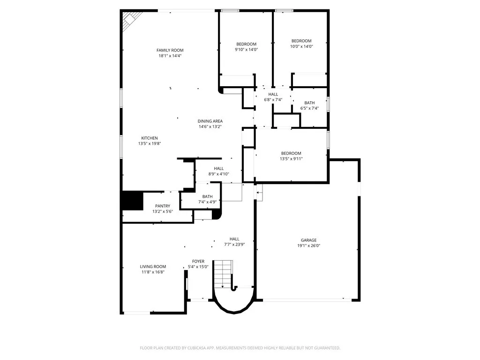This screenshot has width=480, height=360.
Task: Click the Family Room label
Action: point(170,50)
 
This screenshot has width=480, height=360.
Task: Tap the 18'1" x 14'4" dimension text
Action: point(170,56)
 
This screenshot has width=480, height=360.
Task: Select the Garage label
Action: point(308,240)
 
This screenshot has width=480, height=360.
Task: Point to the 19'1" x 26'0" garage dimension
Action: point(308,246)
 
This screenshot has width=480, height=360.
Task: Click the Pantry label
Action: point(163,206)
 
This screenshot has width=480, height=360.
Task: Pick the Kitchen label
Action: point(150,138)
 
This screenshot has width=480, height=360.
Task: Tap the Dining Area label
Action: point(210,121)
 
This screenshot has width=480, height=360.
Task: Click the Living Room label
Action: point(153,266)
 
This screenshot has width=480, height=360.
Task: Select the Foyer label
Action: point(198,261)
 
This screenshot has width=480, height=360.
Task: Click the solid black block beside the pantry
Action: point(132,201)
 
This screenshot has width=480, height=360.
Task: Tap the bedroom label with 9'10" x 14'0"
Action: point(246,44)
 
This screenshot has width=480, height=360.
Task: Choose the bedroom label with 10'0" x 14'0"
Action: point(301,41)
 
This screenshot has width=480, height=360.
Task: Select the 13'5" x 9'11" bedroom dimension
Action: point(291,159)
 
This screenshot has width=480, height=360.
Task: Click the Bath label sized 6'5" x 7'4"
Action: point(309,103)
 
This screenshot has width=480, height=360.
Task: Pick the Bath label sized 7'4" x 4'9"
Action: point(207,196)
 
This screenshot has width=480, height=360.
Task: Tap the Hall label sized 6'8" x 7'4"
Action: point(273,94)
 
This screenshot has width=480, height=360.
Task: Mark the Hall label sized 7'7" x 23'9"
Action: point(234,239)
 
